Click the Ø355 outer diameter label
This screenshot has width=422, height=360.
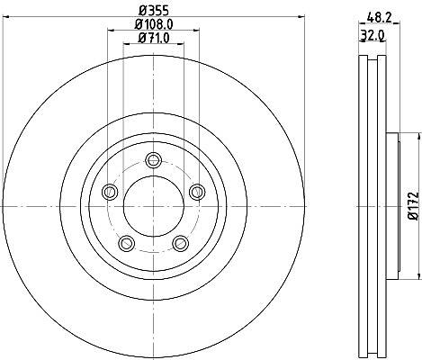(154, 11)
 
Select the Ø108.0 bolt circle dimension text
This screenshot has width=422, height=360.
(154, 24)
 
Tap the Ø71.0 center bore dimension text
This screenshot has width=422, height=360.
(154, 38)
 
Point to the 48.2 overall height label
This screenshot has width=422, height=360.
(380, 18)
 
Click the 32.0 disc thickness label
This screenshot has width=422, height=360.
(373, 36)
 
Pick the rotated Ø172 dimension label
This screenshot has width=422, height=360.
(414, 206)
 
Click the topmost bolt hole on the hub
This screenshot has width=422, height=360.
(154, 160)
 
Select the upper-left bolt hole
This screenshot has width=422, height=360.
(110, 192)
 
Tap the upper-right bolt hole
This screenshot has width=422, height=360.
(197, 192)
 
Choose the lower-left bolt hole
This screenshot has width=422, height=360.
(127, 243)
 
